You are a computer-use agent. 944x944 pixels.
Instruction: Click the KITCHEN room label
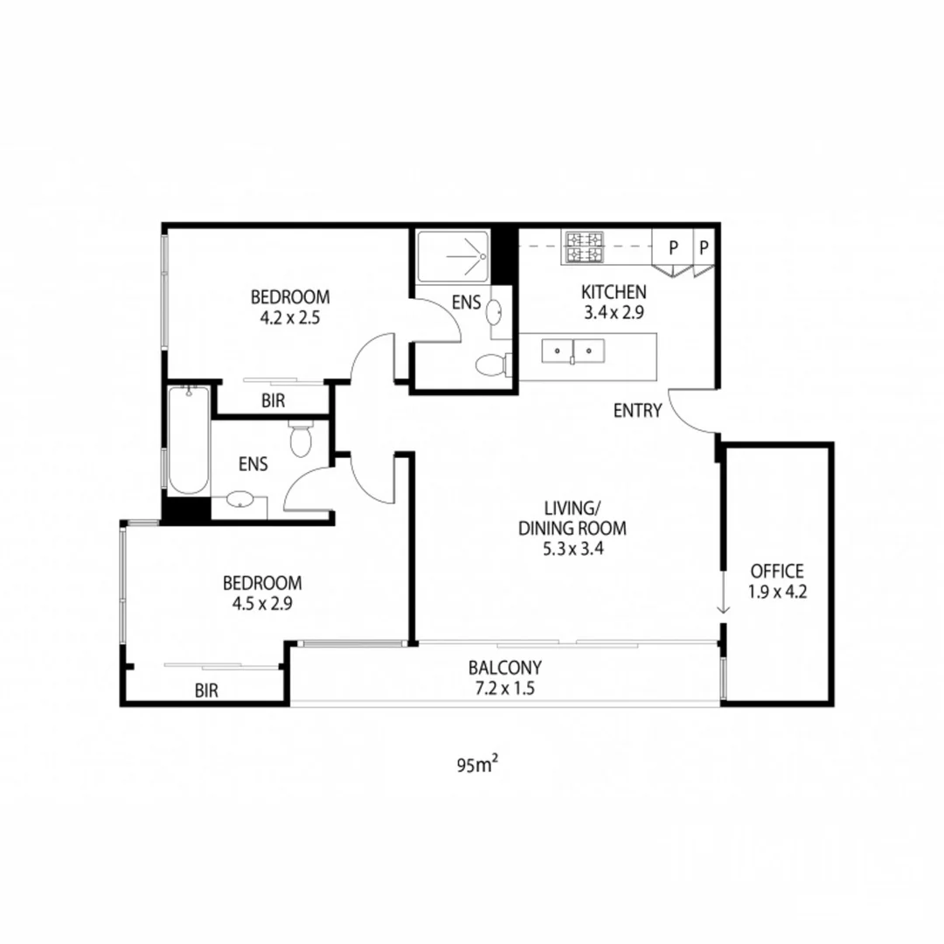click(x=614, y=292)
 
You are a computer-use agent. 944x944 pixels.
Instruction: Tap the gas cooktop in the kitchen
click(x=585, y=246)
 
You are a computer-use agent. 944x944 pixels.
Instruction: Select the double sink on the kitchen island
click(x=573, y=351)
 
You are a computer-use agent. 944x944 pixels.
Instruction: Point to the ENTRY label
click(x=637, y=411)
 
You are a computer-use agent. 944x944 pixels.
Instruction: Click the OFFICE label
click(x=776, y=572)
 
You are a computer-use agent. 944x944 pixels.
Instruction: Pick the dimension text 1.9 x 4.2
click(x=776, y=591)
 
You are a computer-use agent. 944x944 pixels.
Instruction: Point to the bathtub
click(x=188, y=441)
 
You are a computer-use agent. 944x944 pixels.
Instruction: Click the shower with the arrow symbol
click(x=452, y=256)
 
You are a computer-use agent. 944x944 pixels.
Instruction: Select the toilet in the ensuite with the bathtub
click(x=302, y=440)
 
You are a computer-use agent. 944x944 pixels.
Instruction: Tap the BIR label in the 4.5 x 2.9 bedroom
click(x=206, y=691)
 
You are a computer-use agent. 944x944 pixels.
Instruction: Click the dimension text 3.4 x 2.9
click(x=614, y=311)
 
